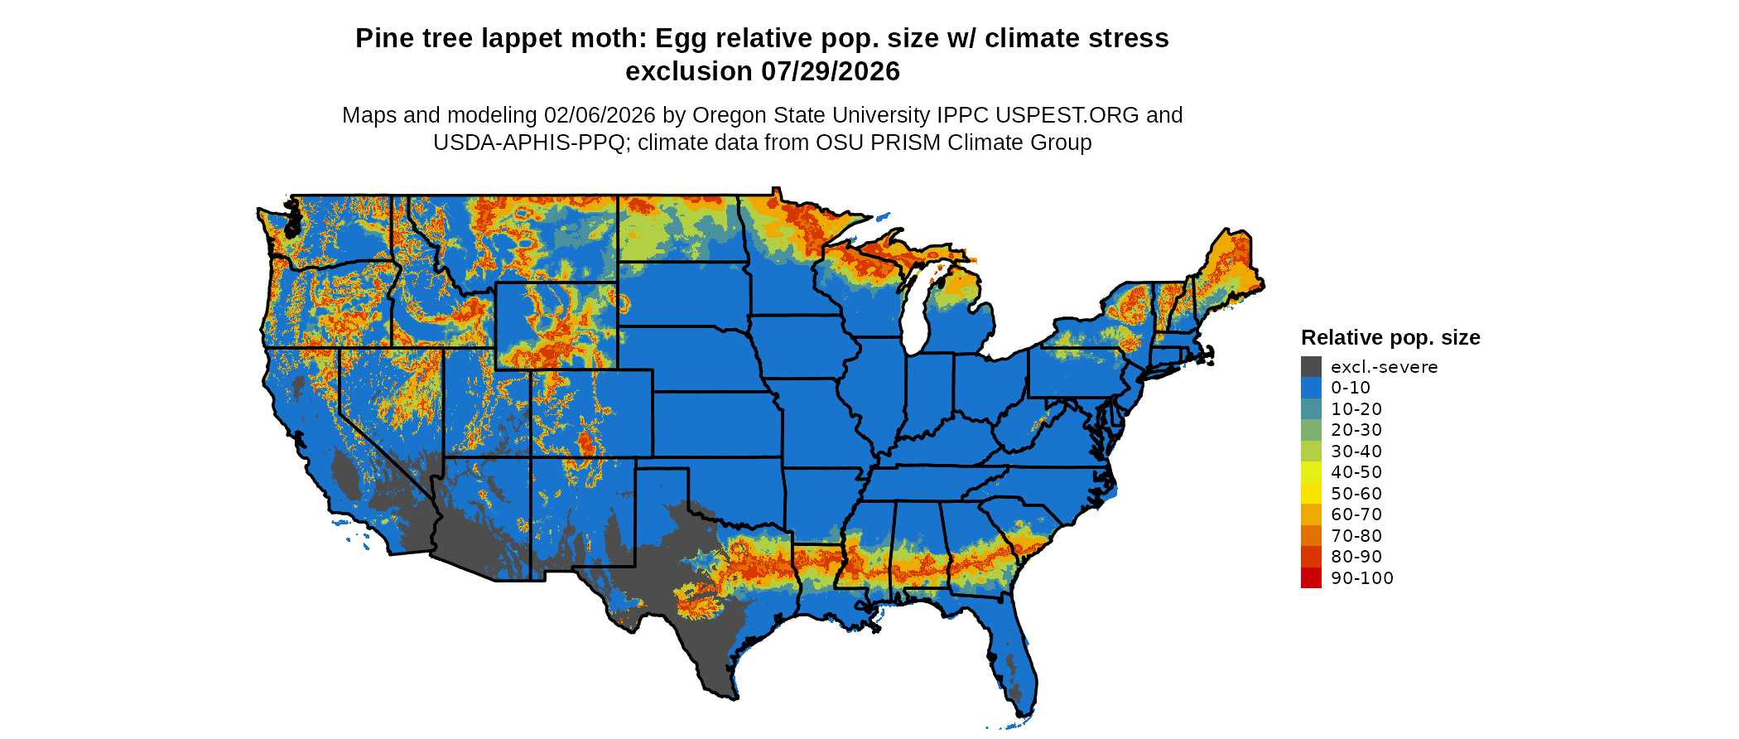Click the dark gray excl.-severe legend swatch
(1311, 367)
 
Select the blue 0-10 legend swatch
(1311, 388)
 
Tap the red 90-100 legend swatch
(1311, 578)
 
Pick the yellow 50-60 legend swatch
(1311, 494)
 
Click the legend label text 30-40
(1356, 452)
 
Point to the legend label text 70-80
(1356, 536)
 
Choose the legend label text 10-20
(1356, 409)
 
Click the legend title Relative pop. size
(1390, 338)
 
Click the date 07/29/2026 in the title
(831, 72)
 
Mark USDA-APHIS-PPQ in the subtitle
(528, 142)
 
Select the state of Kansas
(716, 424)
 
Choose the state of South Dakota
(683, 294)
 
